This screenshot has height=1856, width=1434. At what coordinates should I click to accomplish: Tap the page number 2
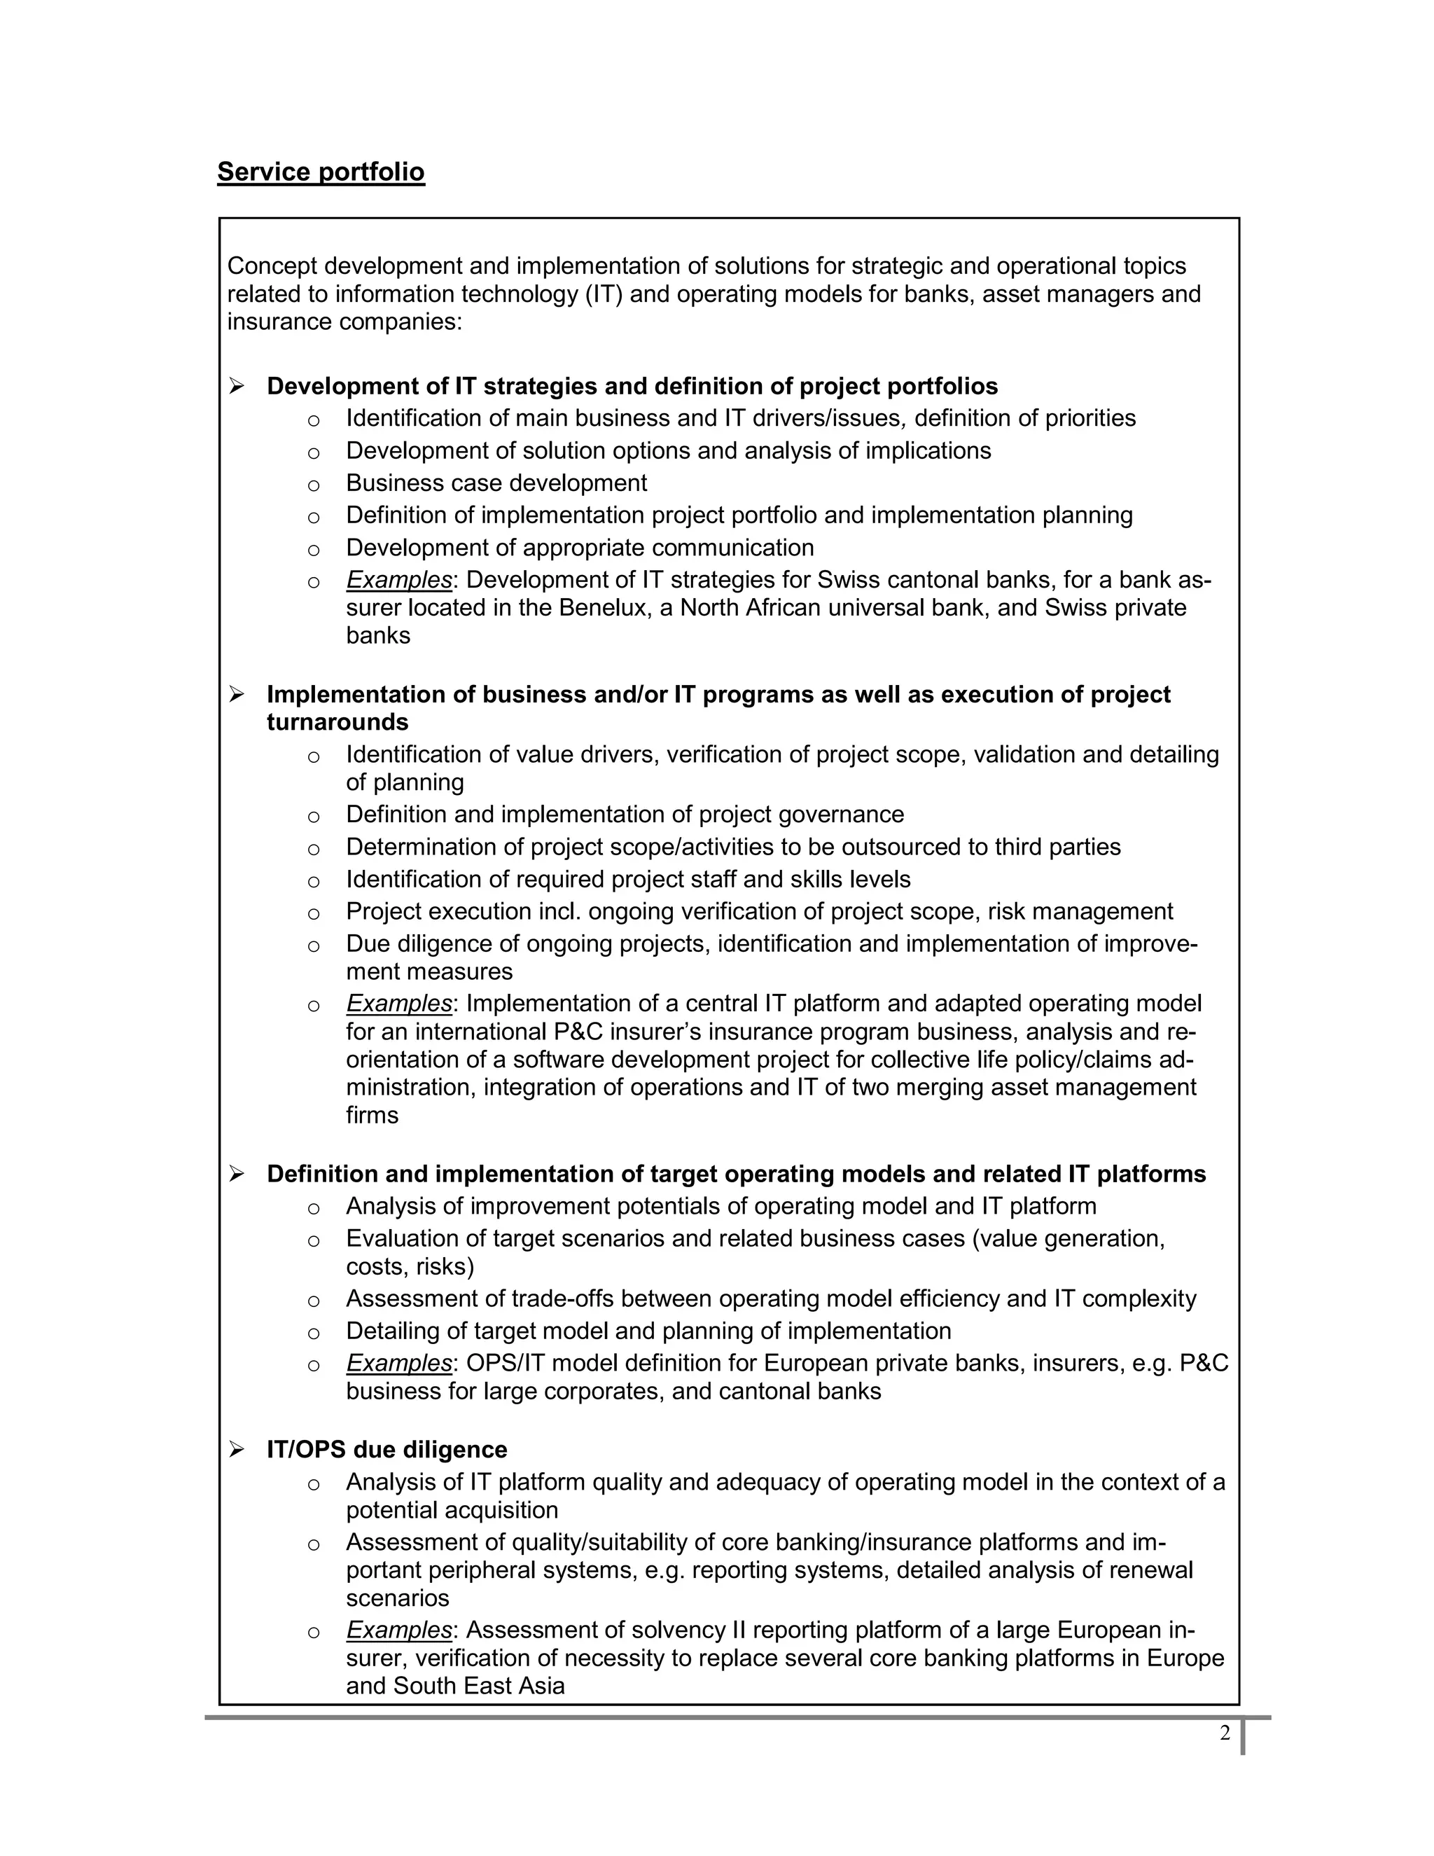point(1224,1733)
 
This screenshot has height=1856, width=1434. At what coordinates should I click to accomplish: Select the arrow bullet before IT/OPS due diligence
point(237,1450)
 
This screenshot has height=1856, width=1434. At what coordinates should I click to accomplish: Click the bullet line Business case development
point(496,483)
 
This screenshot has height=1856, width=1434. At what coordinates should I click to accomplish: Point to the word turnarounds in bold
point(337,722)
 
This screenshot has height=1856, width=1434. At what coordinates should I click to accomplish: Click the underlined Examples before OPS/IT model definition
point(398,1363)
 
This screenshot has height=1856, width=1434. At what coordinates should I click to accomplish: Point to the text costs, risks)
point(410,1266)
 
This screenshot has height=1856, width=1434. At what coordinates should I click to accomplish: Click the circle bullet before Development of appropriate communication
point(314,550)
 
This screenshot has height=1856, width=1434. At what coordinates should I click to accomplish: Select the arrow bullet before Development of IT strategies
point(237,387)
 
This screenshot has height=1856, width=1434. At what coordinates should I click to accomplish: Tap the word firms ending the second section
point(371,1115)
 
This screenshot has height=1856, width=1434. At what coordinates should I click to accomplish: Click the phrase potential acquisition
point(452,1510)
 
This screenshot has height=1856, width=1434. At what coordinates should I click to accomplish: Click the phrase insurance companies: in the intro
point(344,322)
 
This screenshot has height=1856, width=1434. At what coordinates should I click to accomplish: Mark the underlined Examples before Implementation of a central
point(398,1004)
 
